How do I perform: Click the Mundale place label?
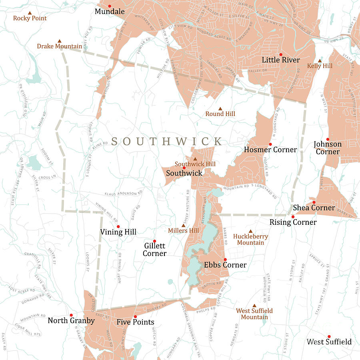110,12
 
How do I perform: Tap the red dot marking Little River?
281,54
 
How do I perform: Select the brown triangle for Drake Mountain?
60,41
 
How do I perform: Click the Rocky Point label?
30,18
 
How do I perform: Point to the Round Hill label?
220,114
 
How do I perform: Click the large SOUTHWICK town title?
167,141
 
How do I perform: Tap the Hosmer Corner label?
270,150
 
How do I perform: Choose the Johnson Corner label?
328,148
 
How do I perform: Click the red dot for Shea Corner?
314,202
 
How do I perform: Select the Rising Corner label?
293,222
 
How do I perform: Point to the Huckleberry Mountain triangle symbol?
251,231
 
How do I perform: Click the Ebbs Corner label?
225,265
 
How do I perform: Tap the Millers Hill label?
183,231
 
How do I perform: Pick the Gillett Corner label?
155,250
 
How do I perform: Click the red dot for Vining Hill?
118,227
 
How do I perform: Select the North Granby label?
71,320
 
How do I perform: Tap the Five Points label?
135,322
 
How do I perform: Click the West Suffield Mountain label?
254,314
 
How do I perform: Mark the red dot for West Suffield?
329,337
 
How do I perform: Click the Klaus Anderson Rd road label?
124,193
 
